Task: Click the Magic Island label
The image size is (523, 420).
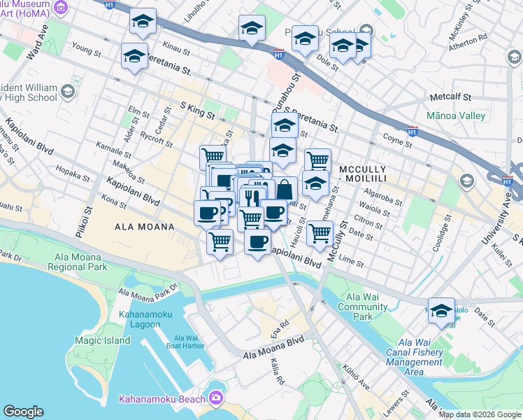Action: click(102, 340)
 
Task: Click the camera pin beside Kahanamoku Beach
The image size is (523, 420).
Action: click(217, 398)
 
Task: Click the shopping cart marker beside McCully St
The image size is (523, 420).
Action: click(319, 232)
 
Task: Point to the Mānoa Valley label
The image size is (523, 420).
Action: click(455, 115)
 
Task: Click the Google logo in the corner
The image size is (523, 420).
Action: click(24, 412)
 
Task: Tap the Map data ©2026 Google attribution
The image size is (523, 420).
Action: click(479, 414)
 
